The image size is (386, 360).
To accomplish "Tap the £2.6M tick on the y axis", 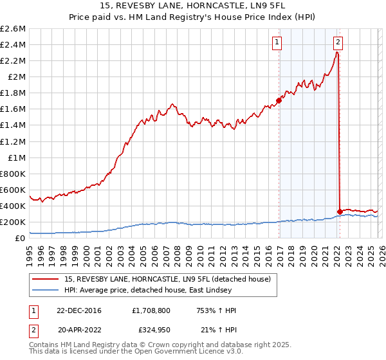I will coord(13,29).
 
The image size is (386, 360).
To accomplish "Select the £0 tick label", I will coord(21,239).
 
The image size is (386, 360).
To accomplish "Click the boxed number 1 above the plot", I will coord(278,43).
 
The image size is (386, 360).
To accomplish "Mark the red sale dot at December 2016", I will coord(279,100).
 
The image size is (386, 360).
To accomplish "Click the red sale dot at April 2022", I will coord(339,212).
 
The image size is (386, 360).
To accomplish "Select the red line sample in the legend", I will coord(46,279).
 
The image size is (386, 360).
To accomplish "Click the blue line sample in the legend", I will coord(46,290).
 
